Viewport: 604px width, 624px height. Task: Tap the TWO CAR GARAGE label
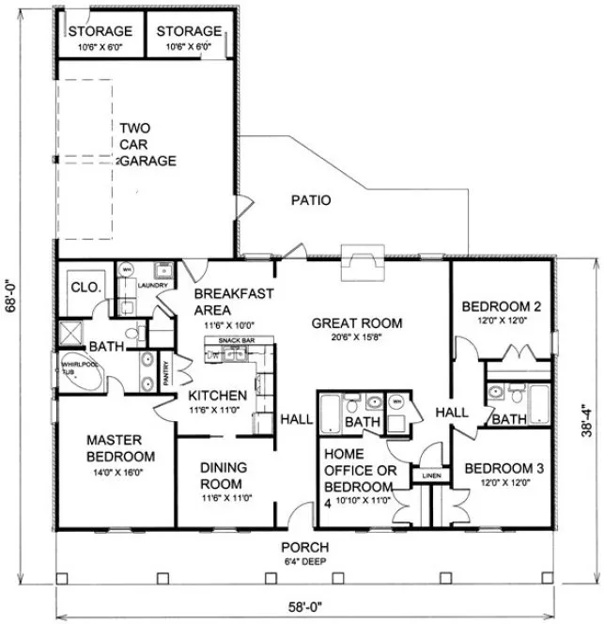[147, 145]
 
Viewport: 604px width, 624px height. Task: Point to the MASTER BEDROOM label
[113, 447]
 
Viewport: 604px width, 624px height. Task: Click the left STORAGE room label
[101, 31]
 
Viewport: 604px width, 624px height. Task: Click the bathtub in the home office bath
[331, 411]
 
